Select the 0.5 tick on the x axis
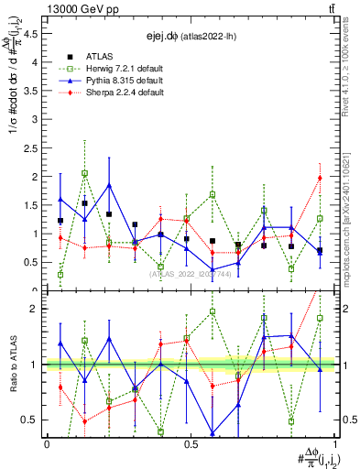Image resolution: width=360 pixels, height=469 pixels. pos(191,443)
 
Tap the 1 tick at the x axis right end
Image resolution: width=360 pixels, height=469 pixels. pos(334,443)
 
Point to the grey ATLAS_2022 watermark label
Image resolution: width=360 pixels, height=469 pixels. pos(191,274)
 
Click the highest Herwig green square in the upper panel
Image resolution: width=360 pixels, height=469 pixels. pos(84,173)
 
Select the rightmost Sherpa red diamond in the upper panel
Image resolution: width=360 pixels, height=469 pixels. pos(320,178)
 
